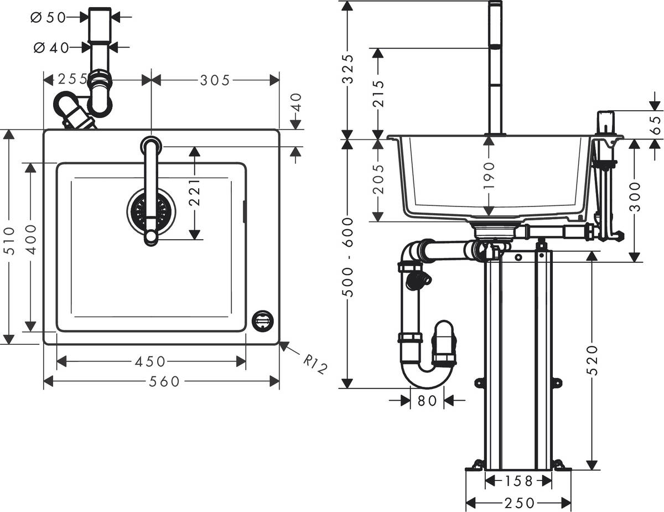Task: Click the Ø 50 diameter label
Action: tap(48, 17)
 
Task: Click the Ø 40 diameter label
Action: tap(51, 48)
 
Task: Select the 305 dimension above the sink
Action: tap(214, 80)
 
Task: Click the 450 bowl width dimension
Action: tap(150, 361)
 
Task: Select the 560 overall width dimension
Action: tap(164, 381)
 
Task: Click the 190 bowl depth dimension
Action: tap(489, 177)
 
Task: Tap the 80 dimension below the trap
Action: tap(427, 400)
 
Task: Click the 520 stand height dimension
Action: tap(592, 360)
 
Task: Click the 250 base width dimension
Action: tap(519, 503)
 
